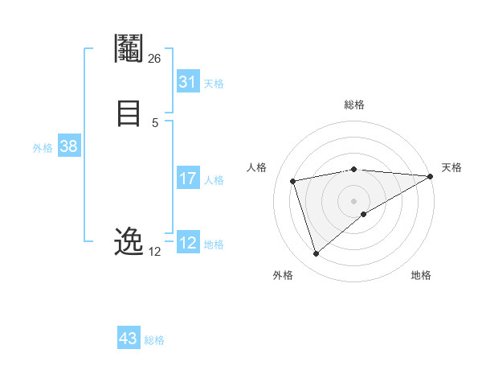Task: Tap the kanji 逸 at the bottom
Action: click(129, 242)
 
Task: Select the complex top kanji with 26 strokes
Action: click(129, 50)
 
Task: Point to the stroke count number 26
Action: click(154, 59)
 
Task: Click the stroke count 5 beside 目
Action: click(155, 122)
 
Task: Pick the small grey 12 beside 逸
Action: click(154, 252)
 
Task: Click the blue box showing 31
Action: click(188, 81)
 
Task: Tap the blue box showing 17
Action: click(188, 179)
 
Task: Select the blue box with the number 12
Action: click(188, 242)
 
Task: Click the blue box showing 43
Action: click(129, 338)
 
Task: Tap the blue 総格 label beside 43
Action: click(154, 340)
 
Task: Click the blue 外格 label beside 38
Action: click(43, 148)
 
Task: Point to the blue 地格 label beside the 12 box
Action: click(214, 244)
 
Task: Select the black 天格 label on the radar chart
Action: click(451, 167)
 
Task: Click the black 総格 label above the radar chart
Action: click(353, 105)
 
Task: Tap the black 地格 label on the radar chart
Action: click(421, 276)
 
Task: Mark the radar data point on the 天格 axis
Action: click(431, 176)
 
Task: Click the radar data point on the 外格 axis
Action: click(316, 254)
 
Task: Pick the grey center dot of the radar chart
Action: click(353, 200)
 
